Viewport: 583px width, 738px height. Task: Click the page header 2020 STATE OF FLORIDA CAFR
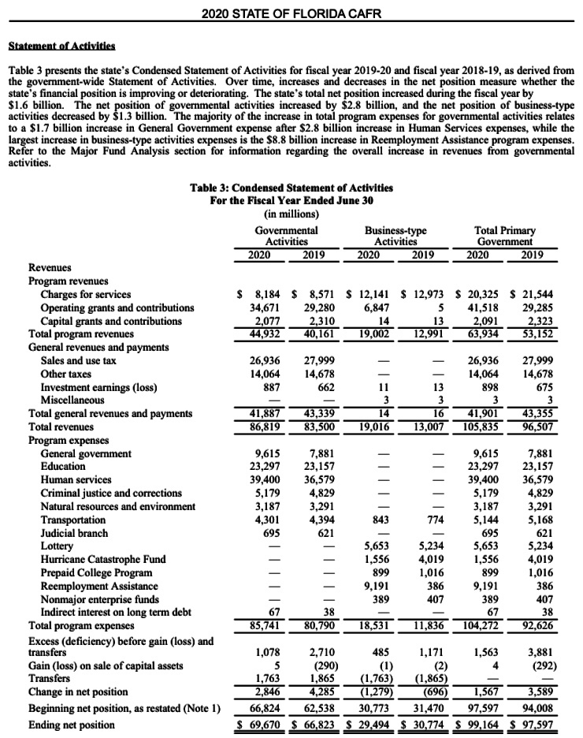pyautogui.click(x=291, y=13)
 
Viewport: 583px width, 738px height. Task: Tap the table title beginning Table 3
pyautogui.click(x=291, y=188)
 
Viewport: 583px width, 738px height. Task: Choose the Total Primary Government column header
pyautogui.click(x=503, y=235)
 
